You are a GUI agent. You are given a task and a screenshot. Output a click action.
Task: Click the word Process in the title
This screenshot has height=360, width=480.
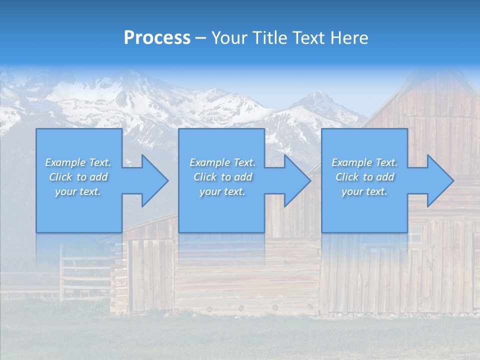click(157, 38)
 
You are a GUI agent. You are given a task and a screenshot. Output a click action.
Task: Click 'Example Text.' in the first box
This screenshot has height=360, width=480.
click(78, 162)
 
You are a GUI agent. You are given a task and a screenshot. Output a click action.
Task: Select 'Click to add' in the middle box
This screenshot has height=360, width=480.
click(222, 177)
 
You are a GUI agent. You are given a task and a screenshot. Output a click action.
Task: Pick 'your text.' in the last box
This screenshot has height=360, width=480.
click(364, 191)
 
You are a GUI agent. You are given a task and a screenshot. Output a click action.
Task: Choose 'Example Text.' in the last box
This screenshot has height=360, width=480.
click(364, 162)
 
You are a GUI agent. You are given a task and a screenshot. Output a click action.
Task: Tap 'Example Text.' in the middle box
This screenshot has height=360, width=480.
click(222, 162)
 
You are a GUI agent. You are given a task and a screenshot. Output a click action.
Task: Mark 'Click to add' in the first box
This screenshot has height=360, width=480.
click(78, 177)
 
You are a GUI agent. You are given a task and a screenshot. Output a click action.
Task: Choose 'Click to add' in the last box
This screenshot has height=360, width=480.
click(364, 177)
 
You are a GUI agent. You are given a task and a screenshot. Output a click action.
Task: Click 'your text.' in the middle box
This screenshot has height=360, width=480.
click(222, 191)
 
